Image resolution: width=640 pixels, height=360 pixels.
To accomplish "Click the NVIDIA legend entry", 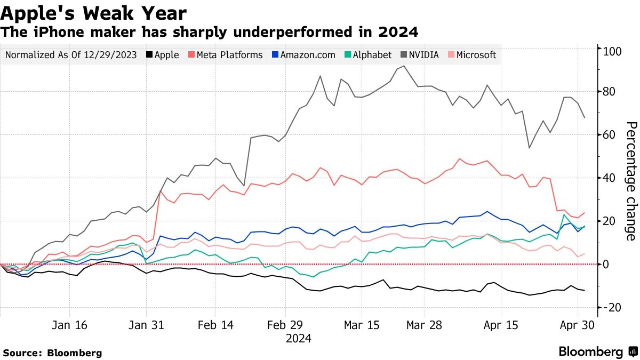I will [x=423, y=55].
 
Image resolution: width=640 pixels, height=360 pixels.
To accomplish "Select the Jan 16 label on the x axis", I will [x=70, y=325].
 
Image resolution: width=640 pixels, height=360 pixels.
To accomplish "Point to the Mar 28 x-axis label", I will [x=425, y=325].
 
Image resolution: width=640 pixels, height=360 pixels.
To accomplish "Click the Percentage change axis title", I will [x=631, y=181].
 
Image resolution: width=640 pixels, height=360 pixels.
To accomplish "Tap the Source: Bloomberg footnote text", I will [x=52, y=353].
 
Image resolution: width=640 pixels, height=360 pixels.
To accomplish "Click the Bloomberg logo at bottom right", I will [x=598, y=351].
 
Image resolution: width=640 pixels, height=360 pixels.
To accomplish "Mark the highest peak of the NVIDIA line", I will [x=404, y=66].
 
